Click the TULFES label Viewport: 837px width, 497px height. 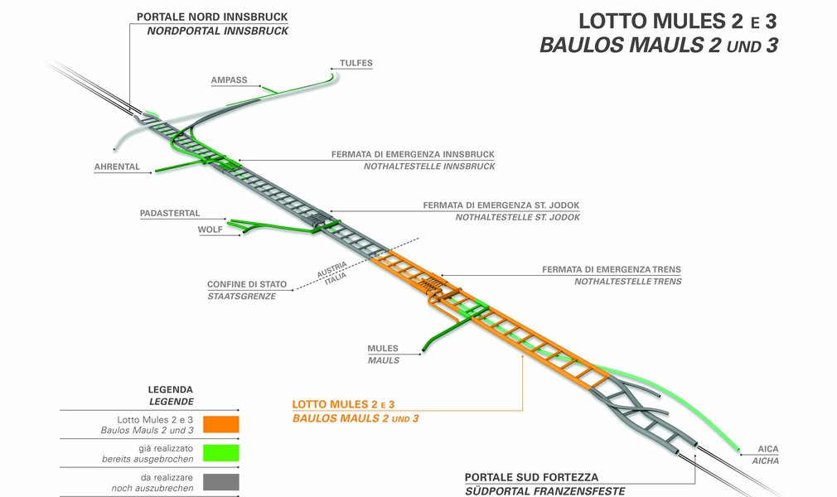coord(356,63)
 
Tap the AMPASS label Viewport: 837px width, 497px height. coord(229,80)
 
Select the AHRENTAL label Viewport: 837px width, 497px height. coord(117,166)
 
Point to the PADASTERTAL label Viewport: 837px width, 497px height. coord(170,214)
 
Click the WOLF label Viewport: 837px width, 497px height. coord(210,229)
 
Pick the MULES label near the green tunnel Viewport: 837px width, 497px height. coord(383,349)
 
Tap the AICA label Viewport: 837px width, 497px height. coord(768,448)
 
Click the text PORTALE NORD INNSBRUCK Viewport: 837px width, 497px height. coord(212,17)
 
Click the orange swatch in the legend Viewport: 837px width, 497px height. coord(220,424)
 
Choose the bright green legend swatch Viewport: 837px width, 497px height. coord(220,453)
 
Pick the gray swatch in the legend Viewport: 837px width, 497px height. coord(220,482)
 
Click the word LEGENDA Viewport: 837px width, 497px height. coord(171,389)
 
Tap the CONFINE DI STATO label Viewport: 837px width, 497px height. coord(247,284)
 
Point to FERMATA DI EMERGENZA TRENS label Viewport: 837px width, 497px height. coord(612,269)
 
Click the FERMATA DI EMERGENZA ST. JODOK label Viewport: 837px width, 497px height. coord(501,205)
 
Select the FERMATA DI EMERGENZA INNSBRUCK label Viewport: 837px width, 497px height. coord(413,154)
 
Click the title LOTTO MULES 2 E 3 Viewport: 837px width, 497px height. coord(677,20)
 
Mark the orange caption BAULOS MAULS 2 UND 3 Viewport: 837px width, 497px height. coord(356,418)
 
